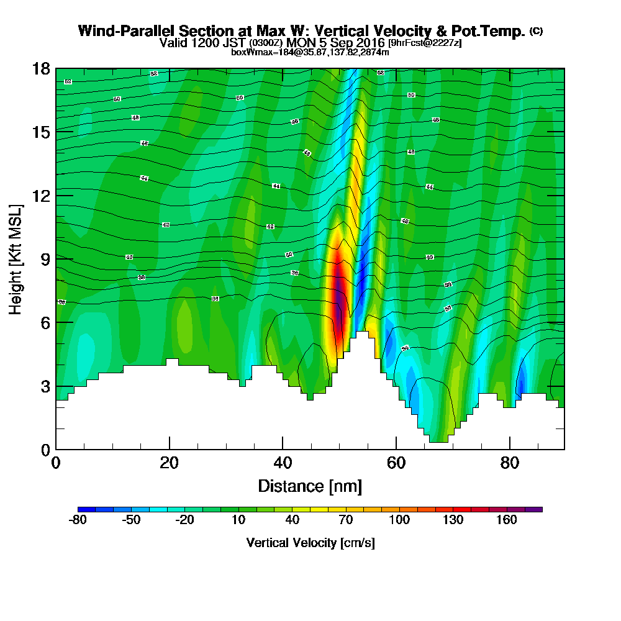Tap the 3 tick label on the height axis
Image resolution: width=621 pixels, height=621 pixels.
click(x=45, y=386)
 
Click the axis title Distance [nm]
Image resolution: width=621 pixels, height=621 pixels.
click(x=310, y=486)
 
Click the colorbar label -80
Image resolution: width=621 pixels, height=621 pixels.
click(x=77, y=520)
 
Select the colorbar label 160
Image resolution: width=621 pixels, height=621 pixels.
click(x=507, y=520)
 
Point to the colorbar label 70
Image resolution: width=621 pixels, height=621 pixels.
click(x=346, y=520)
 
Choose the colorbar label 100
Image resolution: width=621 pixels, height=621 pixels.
click(x=399, y=520)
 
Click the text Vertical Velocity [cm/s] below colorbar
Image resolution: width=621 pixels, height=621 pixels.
click(x=310, y=543)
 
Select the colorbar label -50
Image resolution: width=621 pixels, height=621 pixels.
click(x=131, y=520)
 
